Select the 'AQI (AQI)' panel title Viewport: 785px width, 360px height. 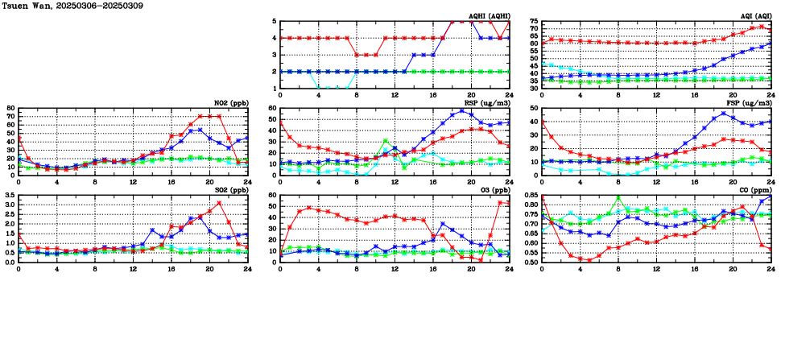point(754,16)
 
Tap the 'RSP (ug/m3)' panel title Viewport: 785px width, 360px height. point(489,103)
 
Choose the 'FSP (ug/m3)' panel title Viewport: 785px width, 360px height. point(750,103)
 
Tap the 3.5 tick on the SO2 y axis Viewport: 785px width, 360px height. point(9,196)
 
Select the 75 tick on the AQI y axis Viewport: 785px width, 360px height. point(534,22)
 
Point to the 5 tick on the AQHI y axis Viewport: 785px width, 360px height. point(275,22)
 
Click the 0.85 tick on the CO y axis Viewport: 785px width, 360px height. point(531,196)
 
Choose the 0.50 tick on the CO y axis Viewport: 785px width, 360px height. point(531,263)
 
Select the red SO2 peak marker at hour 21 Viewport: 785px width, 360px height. point(219,203)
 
